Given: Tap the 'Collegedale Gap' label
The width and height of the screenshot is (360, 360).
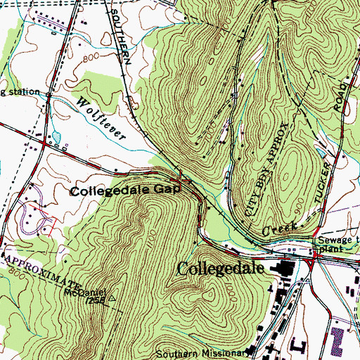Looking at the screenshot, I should point(121,190).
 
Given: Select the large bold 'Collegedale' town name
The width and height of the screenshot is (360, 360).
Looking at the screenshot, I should point(224,269).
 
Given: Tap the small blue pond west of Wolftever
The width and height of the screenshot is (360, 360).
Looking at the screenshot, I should point(56,135).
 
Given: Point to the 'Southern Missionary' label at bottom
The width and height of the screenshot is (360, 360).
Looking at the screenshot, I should point(202,354).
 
